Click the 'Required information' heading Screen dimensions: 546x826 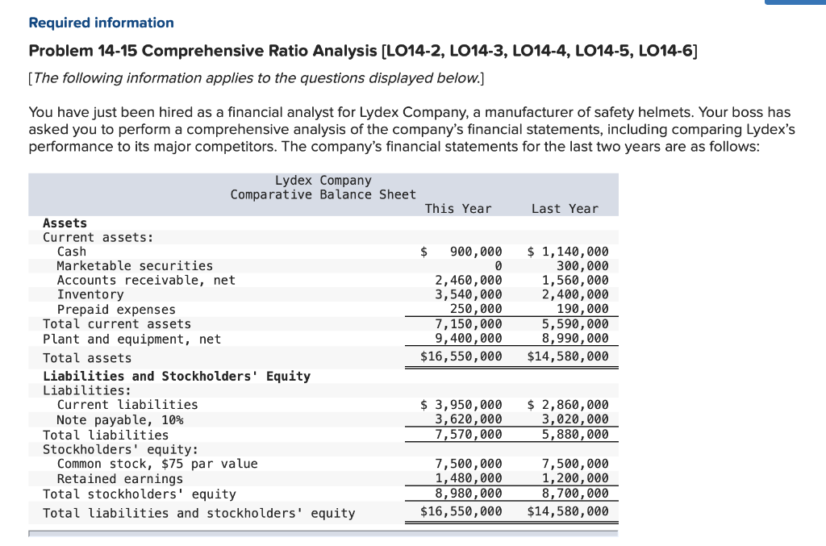pos(101,23)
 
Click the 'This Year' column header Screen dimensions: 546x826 pos(457,209)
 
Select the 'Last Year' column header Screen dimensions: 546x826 pos(565,209)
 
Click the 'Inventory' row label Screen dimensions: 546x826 pos(90,295)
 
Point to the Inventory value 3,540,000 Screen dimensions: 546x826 pos(469,295)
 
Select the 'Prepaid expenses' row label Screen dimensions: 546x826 pos(116,310)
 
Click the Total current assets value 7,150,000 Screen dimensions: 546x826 pos(469,324)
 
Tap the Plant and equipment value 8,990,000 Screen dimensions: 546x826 pos(575,340)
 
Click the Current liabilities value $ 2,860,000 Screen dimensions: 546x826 pos(569,405)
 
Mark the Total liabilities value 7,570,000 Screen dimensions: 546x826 pos(469,435)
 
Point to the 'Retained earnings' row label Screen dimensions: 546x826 pos(120,479)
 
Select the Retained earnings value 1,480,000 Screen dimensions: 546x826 pos(469,479)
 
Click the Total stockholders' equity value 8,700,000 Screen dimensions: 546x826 pos(575,494)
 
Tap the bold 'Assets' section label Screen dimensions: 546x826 pos(65,223)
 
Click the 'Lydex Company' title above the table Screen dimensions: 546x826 pos(323,180)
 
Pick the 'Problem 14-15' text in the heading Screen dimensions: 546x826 pos(83,52)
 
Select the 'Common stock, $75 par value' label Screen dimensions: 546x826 pos(157,464)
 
